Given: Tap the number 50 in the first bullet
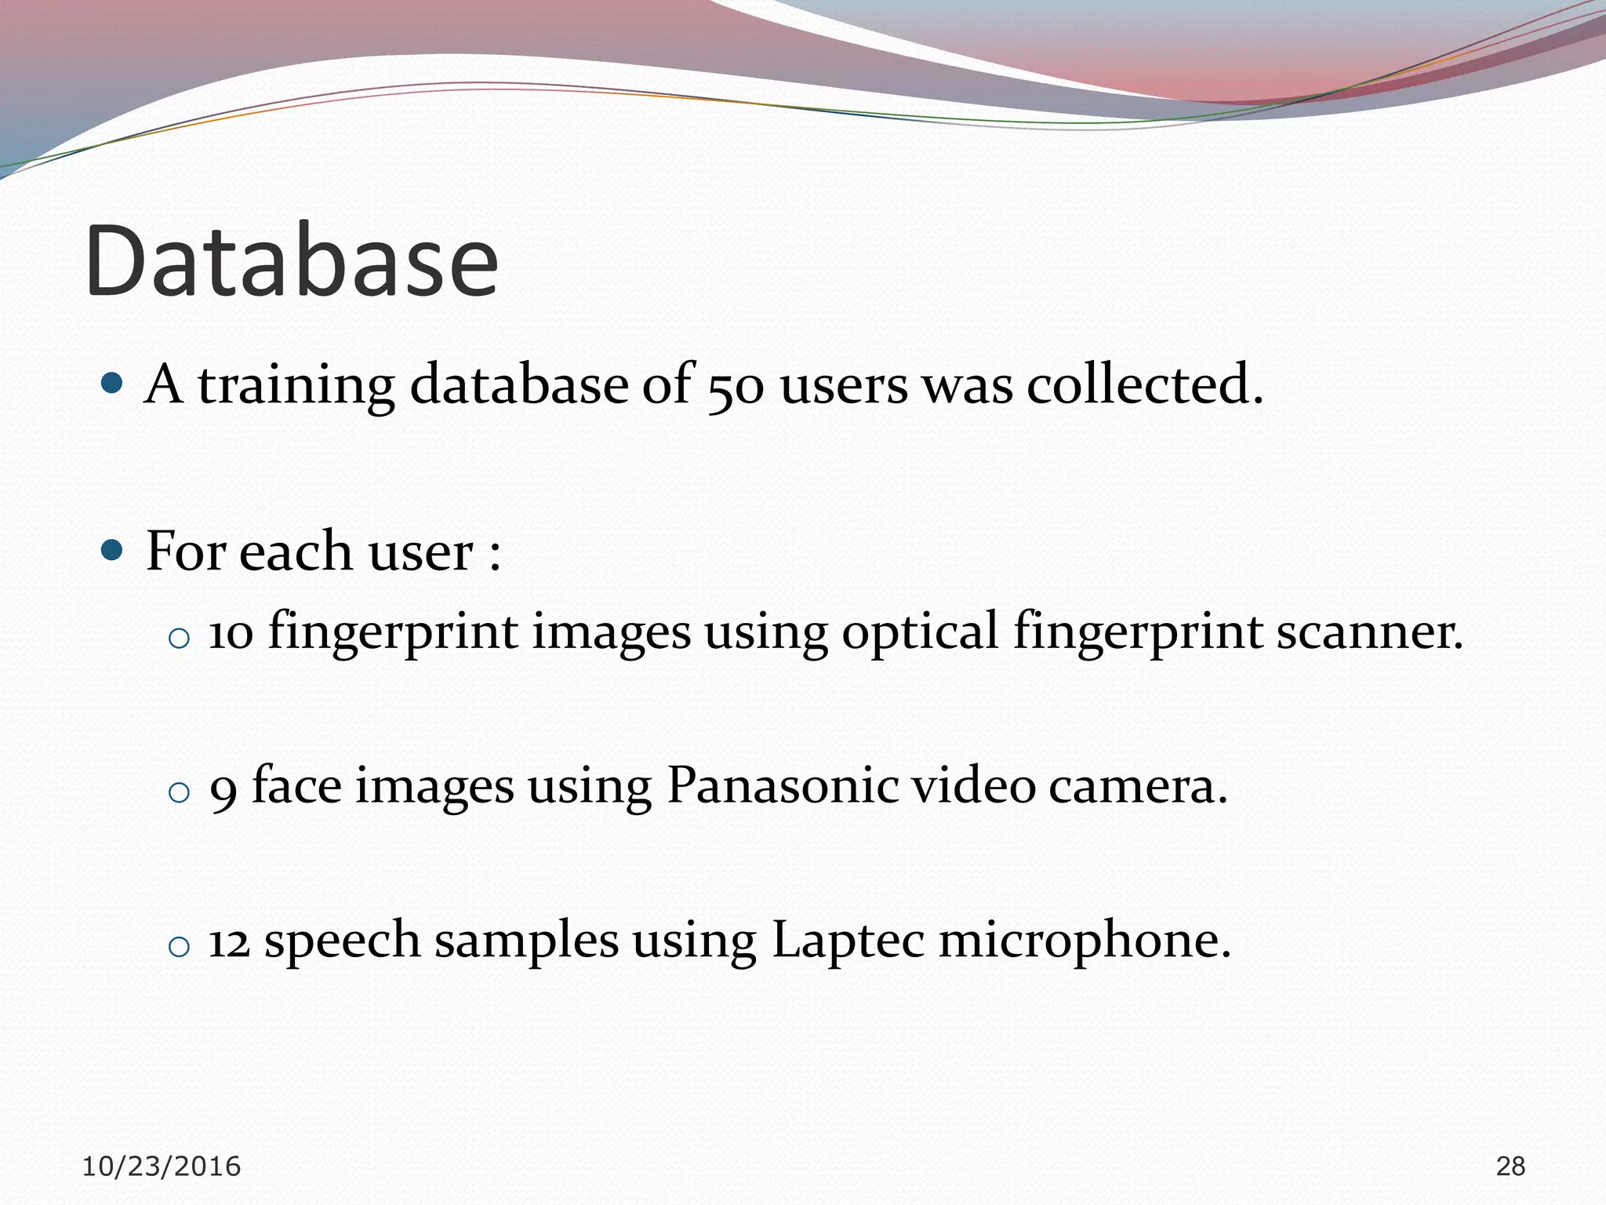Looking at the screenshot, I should (x=735, y=387).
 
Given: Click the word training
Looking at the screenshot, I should (x=296, y=386).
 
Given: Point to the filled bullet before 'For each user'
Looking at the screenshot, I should (x=113, y=551).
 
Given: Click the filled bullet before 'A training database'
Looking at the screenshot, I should (x=113, y=384).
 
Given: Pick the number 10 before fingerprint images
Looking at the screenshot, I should (x=231, y=632).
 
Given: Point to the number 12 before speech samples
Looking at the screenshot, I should (x=229, y=941).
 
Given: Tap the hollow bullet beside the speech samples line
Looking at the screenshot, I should (x=179, y=947).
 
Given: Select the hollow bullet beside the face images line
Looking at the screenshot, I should (x=179, y=792).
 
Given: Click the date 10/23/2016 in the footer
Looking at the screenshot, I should (x=162, y=1167).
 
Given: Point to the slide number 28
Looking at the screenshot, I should (x=1510, y=1167).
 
